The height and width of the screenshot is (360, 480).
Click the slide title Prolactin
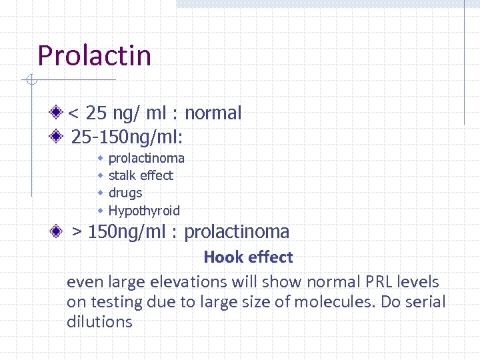[95, 55]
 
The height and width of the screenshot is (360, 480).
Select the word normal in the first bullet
[213, 113]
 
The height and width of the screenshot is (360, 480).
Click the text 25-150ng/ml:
[127, 137]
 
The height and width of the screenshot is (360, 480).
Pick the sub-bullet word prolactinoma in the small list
[146, 158]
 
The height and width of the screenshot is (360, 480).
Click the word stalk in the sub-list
[123, 175]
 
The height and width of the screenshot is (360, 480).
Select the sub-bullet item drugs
[125, 193]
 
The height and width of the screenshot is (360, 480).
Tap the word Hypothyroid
[144, 211]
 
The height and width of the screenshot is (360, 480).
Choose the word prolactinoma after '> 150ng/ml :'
[237, 232]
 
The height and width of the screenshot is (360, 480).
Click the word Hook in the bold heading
[221, 257]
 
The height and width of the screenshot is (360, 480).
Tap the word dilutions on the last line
[99, 322]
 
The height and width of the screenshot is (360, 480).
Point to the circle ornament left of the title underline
[31, 81]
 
